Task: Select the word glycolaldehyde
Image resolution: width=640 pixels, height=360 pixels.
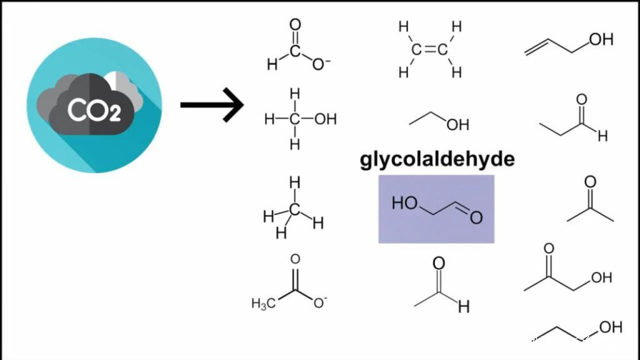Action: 437,159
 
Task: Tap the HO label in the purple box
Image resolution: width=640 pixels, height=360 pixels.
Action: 404,202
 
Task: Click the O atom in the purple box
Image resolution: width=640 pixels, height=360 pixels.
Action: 477,217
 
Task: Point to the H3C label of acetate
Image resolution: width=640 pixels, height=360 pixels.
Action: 263,304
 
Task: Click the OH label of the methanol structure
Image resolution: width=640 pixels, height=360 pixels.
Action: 324,119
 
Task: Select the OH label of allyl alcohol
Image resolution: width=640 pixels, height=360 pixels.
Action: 601,39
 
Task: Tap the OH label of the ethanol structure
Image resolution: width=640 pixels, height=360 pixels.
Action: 457,124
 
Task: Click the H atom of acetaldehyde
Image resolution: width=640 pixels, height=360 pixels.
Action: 463,307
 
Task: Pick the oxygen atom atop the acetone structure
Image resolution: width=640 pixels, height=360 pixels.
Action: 590,182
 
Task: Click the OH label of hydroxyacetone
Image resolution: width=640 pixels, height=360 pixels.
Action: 601,277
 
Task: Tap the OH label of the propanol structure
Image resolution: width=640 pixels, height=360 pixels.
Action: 611,326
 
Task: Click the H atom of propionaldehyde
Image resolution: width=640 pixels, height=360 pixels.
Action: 602,136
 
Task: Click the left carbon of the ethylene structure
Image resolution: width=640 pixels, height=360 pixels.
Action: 416,49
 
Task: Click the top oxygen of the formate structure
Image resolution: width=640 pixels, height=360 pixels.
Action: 296,25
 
